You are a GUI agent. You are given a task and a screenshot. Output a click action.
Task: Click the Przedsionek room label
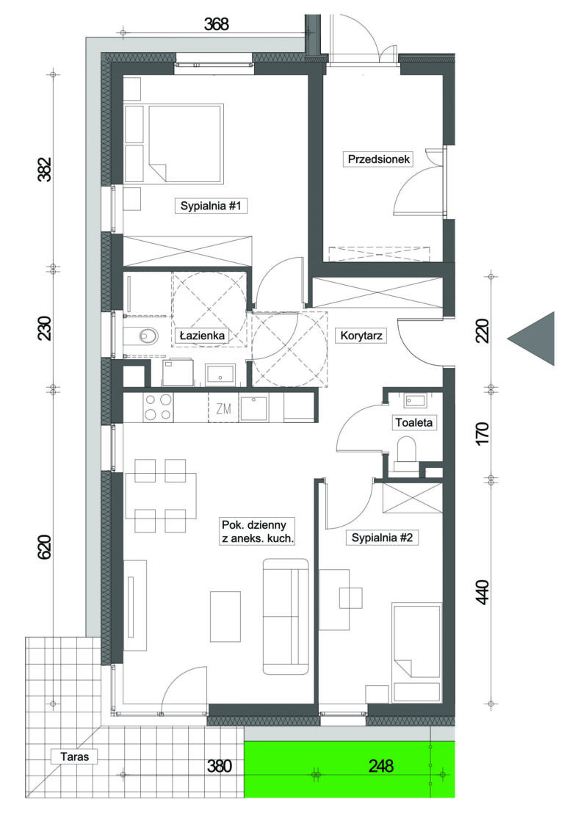click(x=378, y=159)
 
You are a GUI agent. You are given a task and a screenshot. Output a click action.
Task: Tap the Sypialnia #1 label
click(x=211, y=206)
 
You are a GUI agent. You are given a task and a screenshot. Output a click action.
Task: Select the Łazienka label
click(x=202, y=336)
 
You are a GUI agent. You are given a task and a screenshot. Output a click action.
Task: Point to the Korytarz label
click(x=361, y=336)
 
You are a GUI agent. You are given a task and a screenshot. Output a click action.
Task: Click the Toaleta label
click(x=413, y=422)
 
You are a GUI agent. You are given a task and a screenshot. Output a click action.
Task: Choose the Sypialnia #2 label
click(x=382, y=538)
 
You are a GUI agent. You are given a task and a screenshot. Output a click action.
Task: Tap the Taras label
click(x=75, y=756)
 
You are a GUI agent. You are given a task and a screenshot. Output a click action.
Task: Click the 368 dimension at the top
click(x=216, y=24)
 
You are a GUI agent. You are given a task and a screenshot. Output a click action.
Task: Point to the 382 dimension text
click(x=45, y=169)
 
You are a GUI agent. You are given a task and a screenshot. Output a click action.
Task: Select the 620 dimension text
click(x=45, y=546)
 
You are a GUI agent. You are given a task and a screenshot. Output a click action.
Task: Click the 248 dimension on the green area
click(x=381, y=765)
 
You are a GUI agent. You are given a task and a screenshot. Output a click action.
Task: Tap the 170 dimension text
click(x=482, y=433)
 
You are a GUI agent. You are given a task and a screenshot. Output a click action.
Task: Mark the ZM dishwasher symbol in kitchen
click(x=223, y=408)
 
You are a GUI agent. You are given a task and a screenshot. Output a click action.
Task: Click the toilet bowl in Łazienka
click(x=148, y=336)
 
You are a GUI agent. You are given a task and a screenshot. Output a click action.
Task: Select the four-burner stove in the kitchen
click(x=158, y=407)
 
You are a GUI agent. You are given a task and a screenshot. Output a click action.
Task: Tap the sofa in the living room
click(x=286, y=616)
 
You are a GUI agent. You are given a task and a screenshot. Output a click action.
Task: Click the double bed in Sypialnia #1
click(x=186, y=144)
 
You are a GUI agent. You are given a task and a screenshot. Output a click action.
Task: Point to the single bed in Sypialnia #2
click(x=417, y=653)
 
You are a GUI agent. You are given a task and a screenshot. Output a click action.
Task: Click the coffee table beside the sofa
click(x=225, y=616)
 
